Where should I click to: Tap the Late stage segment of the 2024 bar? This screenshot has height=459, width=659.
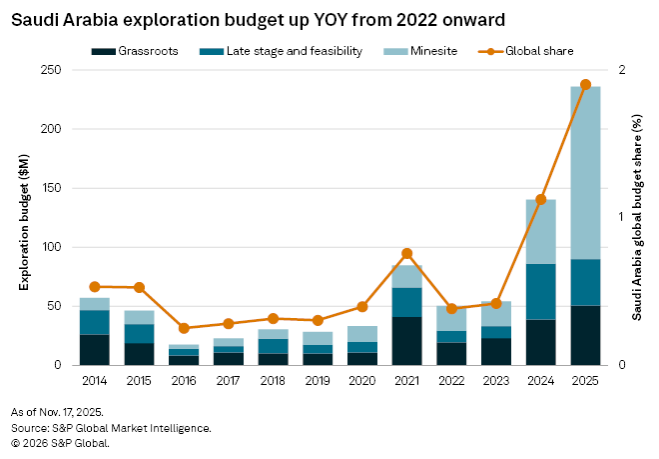(540, 291)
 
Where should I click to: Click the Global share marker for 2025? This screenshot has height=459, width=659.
(585, 85)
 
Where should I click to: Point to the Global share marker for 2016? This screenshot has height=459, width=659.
(184, 328)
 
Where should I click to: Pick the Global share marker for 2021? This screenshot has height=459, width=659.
(406, 253)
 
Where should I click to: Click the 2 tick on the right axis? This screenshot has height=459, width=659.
(621, 70)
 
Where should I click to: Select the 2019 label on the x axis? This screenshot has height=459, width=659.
(318, 381)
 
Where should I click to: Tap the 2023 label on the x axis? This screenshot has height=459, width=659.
(496, 381)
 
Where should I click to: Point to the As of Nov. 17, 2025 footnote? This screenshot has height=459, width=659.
(57, 412)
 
